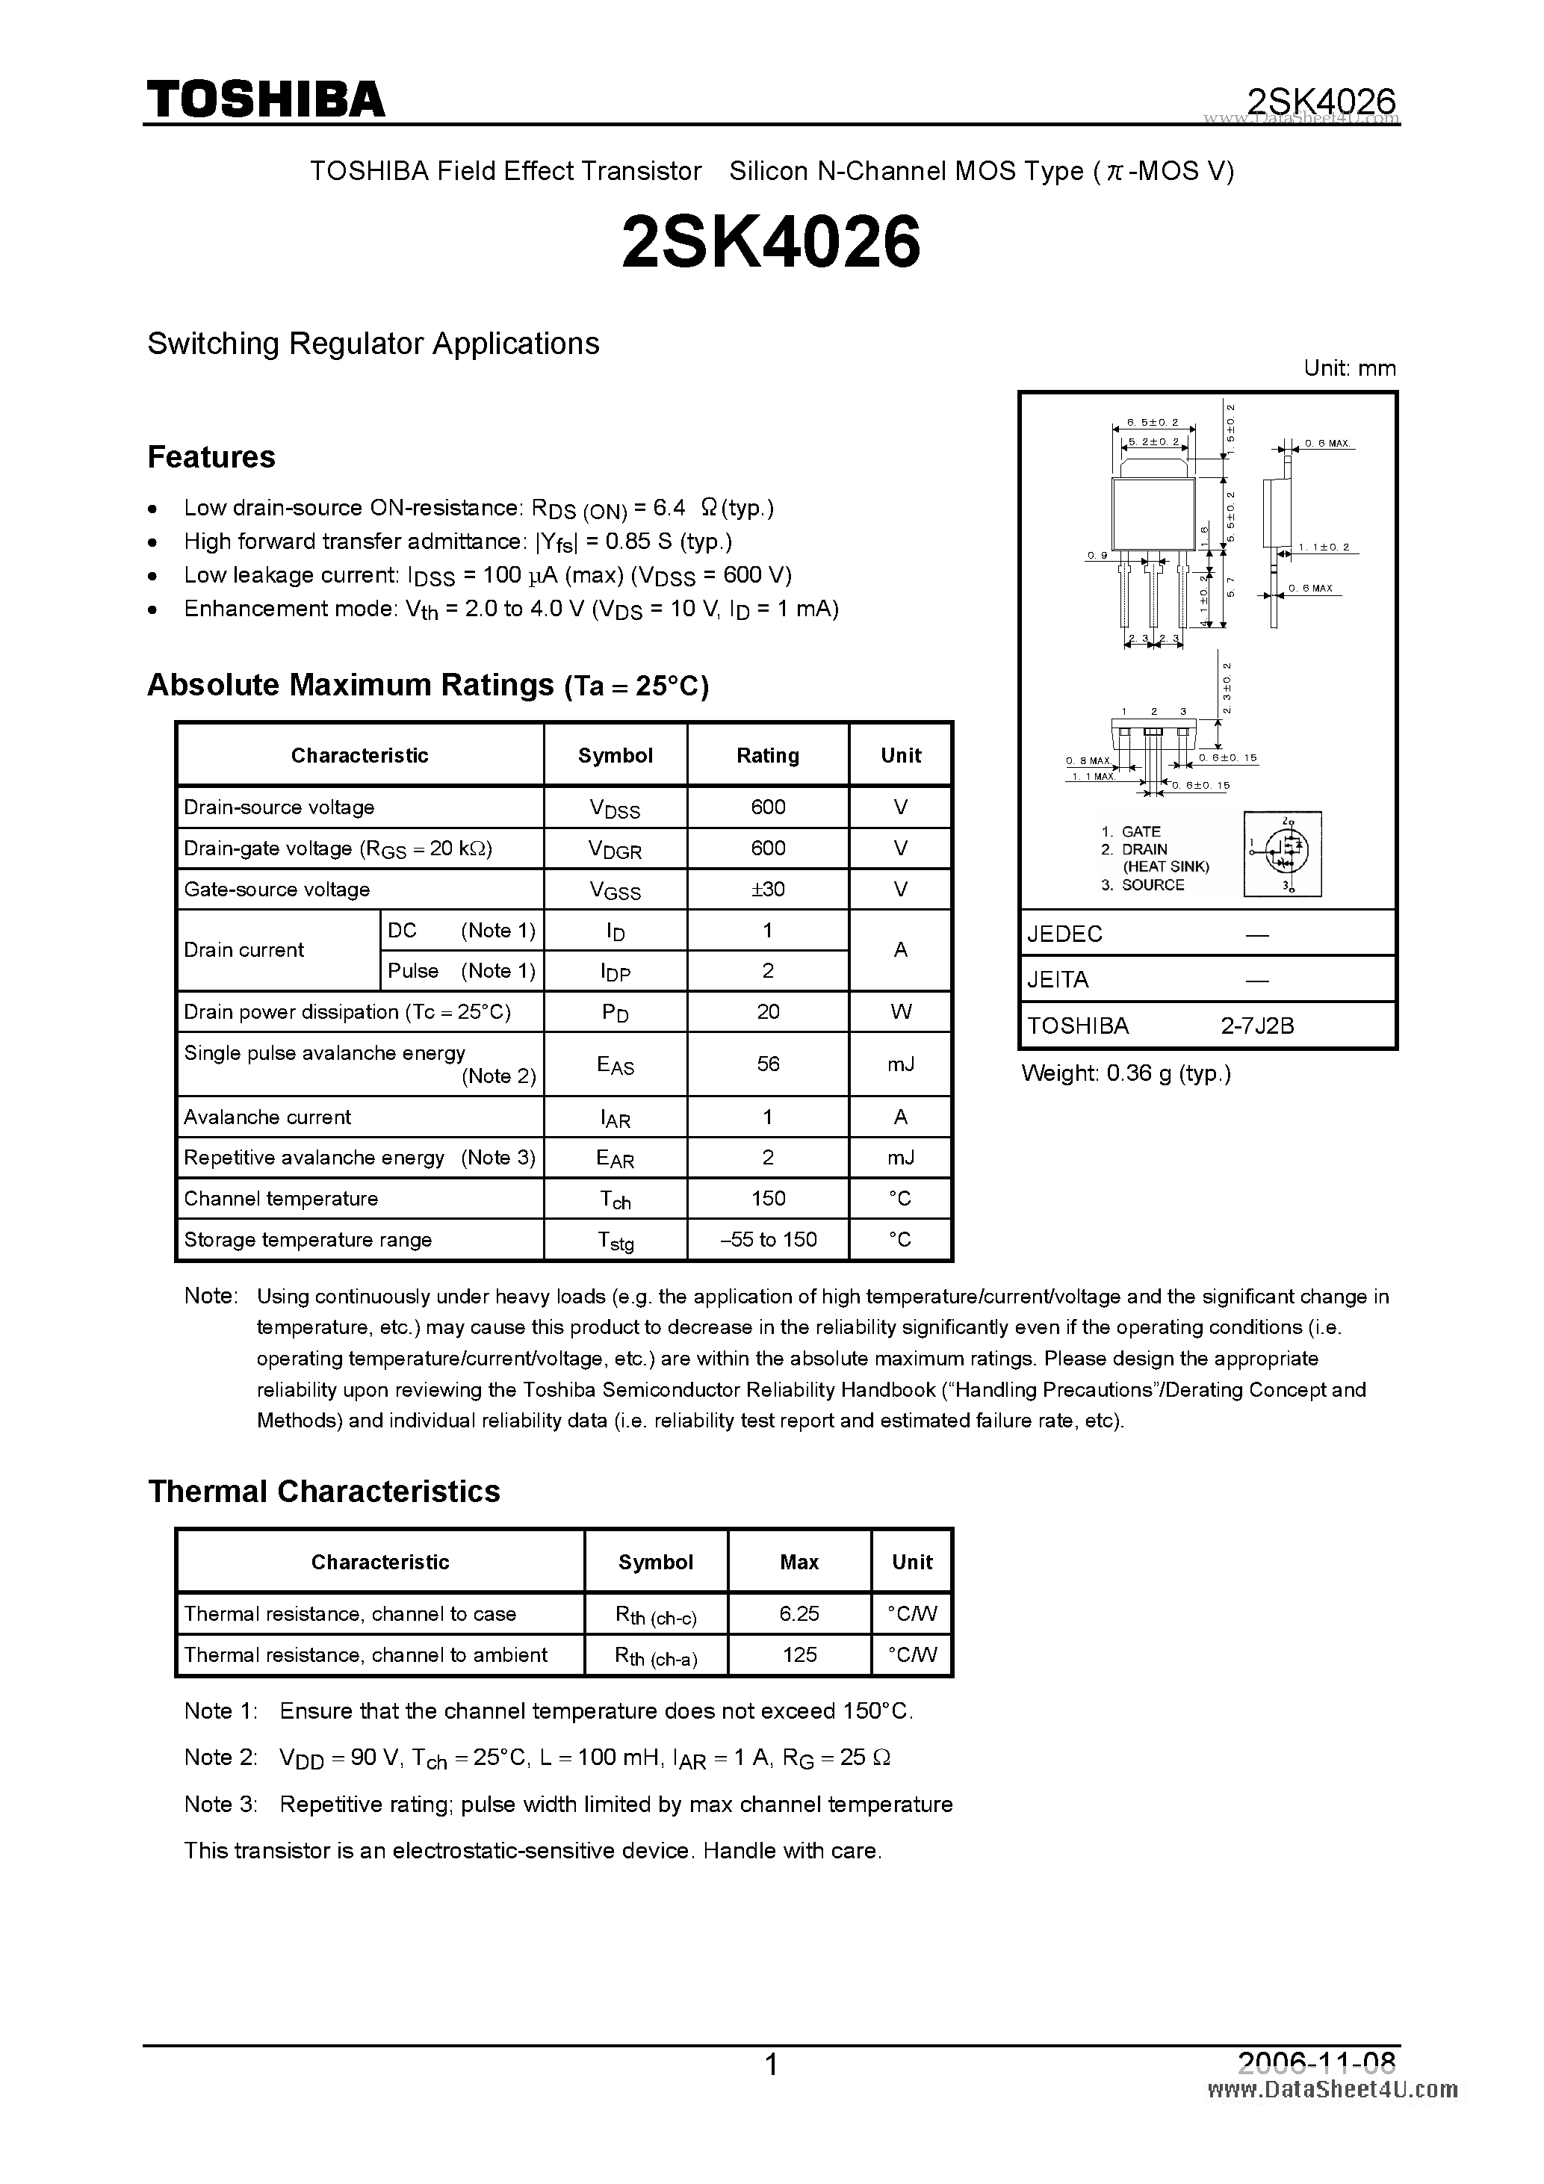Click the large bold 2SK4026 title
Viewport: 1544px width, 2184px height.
771,241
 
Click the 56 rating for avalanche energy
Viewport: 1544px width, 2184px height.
768,1064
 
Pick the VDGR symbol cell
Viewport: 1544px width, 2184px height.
615,849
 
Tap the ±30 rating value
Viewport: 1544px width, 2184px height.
768,890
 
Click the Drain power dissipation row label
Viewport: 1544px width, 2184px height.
347,1011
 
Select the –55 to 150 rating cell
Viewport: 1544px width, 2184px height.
768,1239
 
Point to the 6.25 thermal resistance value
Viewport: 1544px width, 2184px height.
799,1613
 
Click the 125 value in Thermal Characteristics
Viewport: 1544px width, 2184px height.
799,1654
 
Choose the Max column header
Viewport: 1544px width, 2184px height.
799,1562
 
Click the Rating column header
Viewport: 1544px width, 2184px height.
768,755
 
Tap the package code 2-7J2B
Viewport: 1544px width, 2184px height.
1258,1026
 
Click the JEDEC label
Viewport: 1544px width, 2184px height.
1064,934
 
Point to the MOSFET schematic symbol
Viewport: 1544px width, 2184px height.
1283,853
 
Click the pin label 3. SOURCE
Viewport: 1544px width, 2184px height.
1143,884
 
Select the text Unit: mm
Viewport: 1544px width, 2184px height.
1349,368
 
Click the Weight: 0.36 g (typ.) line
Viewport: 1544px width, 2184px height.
1126,1073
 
